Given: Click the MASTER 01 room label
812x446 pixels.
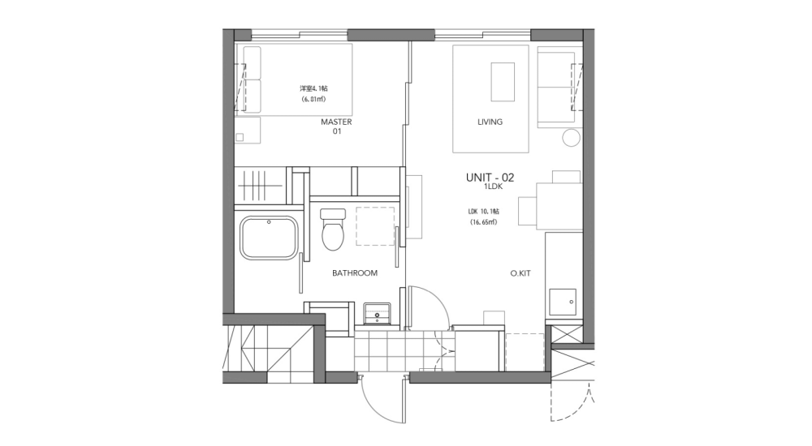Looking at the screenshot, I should click(x=336, y=127).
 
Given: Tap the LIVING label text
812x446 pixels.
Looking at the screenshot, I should click(x=490, y=122).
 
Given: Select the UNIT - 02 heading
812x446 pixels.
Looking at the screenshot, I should click(x=490, y=177).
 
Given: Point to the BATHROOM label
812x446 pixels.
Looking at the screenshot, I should click(x=355, y=273).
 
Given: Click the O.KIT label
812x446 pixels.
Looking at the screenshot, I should click(x=520, y=274).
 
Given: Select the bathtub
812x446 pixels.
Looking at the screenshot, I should click(x=269, y=238).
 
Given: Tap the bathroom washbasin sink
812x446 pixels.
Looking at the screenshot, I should click(x=378, y=311).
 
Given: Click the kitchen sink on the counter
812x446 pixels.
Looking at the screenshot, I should click(x=564, y=302).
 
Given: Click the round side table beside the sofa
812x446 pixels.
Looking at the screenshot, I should click(x=572, y=137).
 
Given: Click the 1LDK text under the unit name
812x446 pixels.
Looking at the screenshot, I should click(x=492, y=187).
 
